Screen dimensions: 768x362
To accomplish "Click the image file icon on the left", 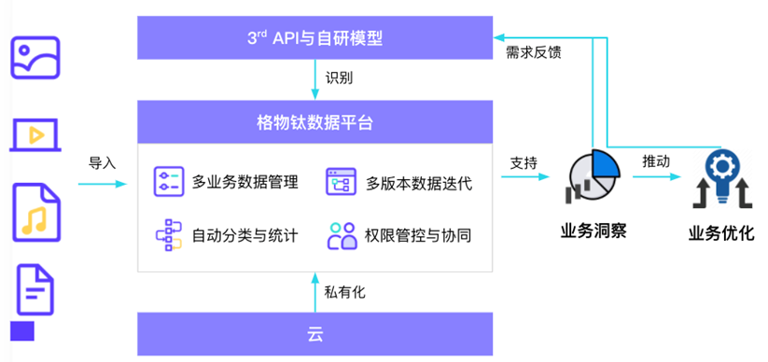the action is (35, 58).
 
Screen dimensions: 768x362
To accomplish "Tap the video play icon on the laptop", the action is (36, 134).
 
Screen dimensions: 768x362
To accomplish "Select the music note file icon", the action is (35, 214).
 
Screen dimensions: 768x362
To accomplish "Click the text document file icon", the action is (35, 289).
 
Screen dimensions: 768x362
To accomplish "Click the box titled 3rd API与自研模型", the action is (314, 37).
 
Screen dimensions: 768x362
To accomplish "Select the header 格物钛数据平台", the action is (314, 122).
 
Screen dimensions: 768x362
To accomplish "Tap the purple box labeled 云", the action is (314, 334).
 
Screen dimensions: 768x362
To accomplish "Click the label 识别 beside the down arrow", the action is (340, 77).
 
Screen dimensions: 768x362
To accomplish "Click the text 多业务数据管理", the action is (244, 182).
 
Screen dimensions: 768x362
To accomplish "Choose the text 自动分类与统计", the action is (244, 235).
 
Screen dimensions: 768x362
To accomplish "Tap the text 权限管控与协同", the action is (418, 235).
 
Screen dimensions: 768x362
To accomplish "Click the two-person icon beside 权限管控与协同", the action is (342, 235).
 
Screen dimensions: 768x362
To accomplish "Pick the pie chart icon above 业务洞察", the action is (592, 177).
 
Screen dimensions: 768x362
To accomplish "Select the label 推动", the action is (655, 160).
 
